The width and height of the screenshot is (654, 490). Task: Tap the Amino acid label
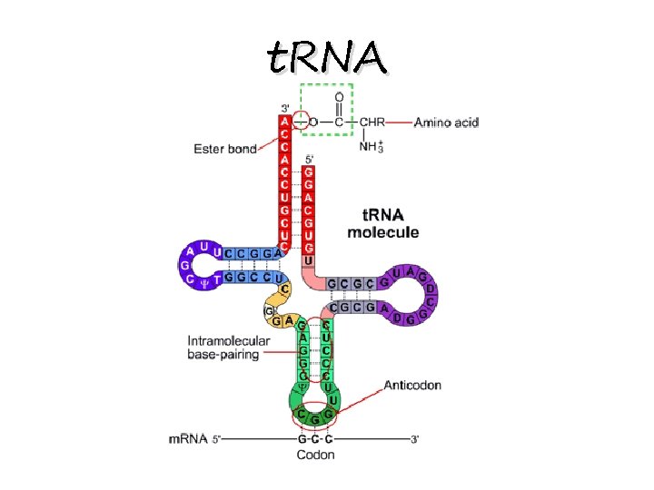(x=446, y=122)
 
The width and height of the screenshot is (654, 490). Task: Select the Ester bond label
(x=225, y=149)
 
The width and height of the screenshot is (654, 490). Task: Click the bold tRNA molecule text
(x=383, y=224)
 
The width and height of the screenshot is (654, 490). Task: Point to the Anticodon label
(x=412, y=385)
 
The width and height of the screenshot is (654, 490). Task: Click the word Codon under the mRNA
(x=315, y=454)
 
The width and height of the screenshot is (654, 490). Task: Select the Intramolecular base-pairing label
(x=229, y=348)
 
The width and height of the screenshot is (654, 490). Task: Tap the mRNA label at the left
(x=189, y=440)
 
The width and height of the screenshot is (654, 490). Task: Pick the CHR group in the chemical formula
(x=372, y=122)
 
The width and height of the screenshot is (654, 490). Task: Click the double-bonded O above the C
(x=339, y=96)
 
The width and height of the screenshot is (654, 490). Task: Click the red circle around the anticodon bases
(x=315, y=416)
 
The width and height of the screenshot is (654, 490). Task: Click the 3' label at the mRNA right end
(x=415, y=440)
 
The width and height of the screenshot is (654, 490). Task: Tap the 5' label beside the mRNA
(x=217, y=440)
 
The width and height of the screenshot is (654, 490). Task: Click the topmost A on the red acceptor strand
(x=285, y=120)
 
